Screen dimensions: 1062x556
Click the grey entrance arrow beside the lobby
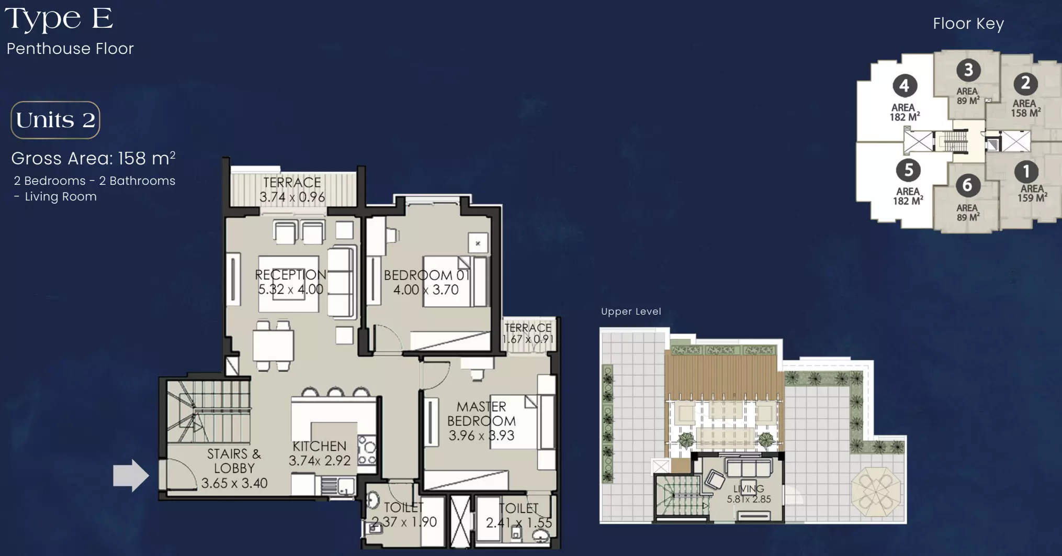(131, 475)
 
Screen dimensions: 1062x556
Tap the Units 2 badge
(55, 120)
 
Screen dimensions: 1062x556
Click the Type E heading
(59, 18)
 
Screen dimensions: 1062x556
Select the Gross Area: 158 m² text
(93, 158)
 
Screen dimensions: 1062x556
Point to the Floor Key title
(968, 24)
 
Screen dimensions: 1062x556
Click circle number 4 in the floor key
(905, 85)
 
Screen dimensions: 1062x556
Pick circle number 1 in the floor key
(1026, 171)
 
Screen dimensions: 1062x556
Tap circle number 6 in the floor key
(967, 185)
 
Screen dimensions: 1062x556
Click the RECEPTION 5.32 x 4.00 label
(290, 282)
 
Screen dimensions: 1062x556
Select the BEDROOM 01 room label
(426, 282)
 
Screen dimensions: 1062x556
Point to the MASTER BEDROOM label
(481, 421)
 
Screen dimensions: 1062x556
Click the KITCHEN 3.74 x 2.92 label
(320, 453)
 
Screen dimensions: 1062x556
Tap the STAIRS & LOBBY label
(234, 468)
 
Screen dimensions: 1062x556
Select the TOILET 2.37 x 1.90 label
(404, 514)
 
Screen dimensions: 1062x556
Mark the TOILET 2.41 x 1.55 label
(519, 515)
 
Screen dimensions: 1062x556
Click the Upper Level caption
(631, 312)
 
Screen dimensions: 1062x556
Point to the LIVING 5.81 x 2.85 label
(749, 494)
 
